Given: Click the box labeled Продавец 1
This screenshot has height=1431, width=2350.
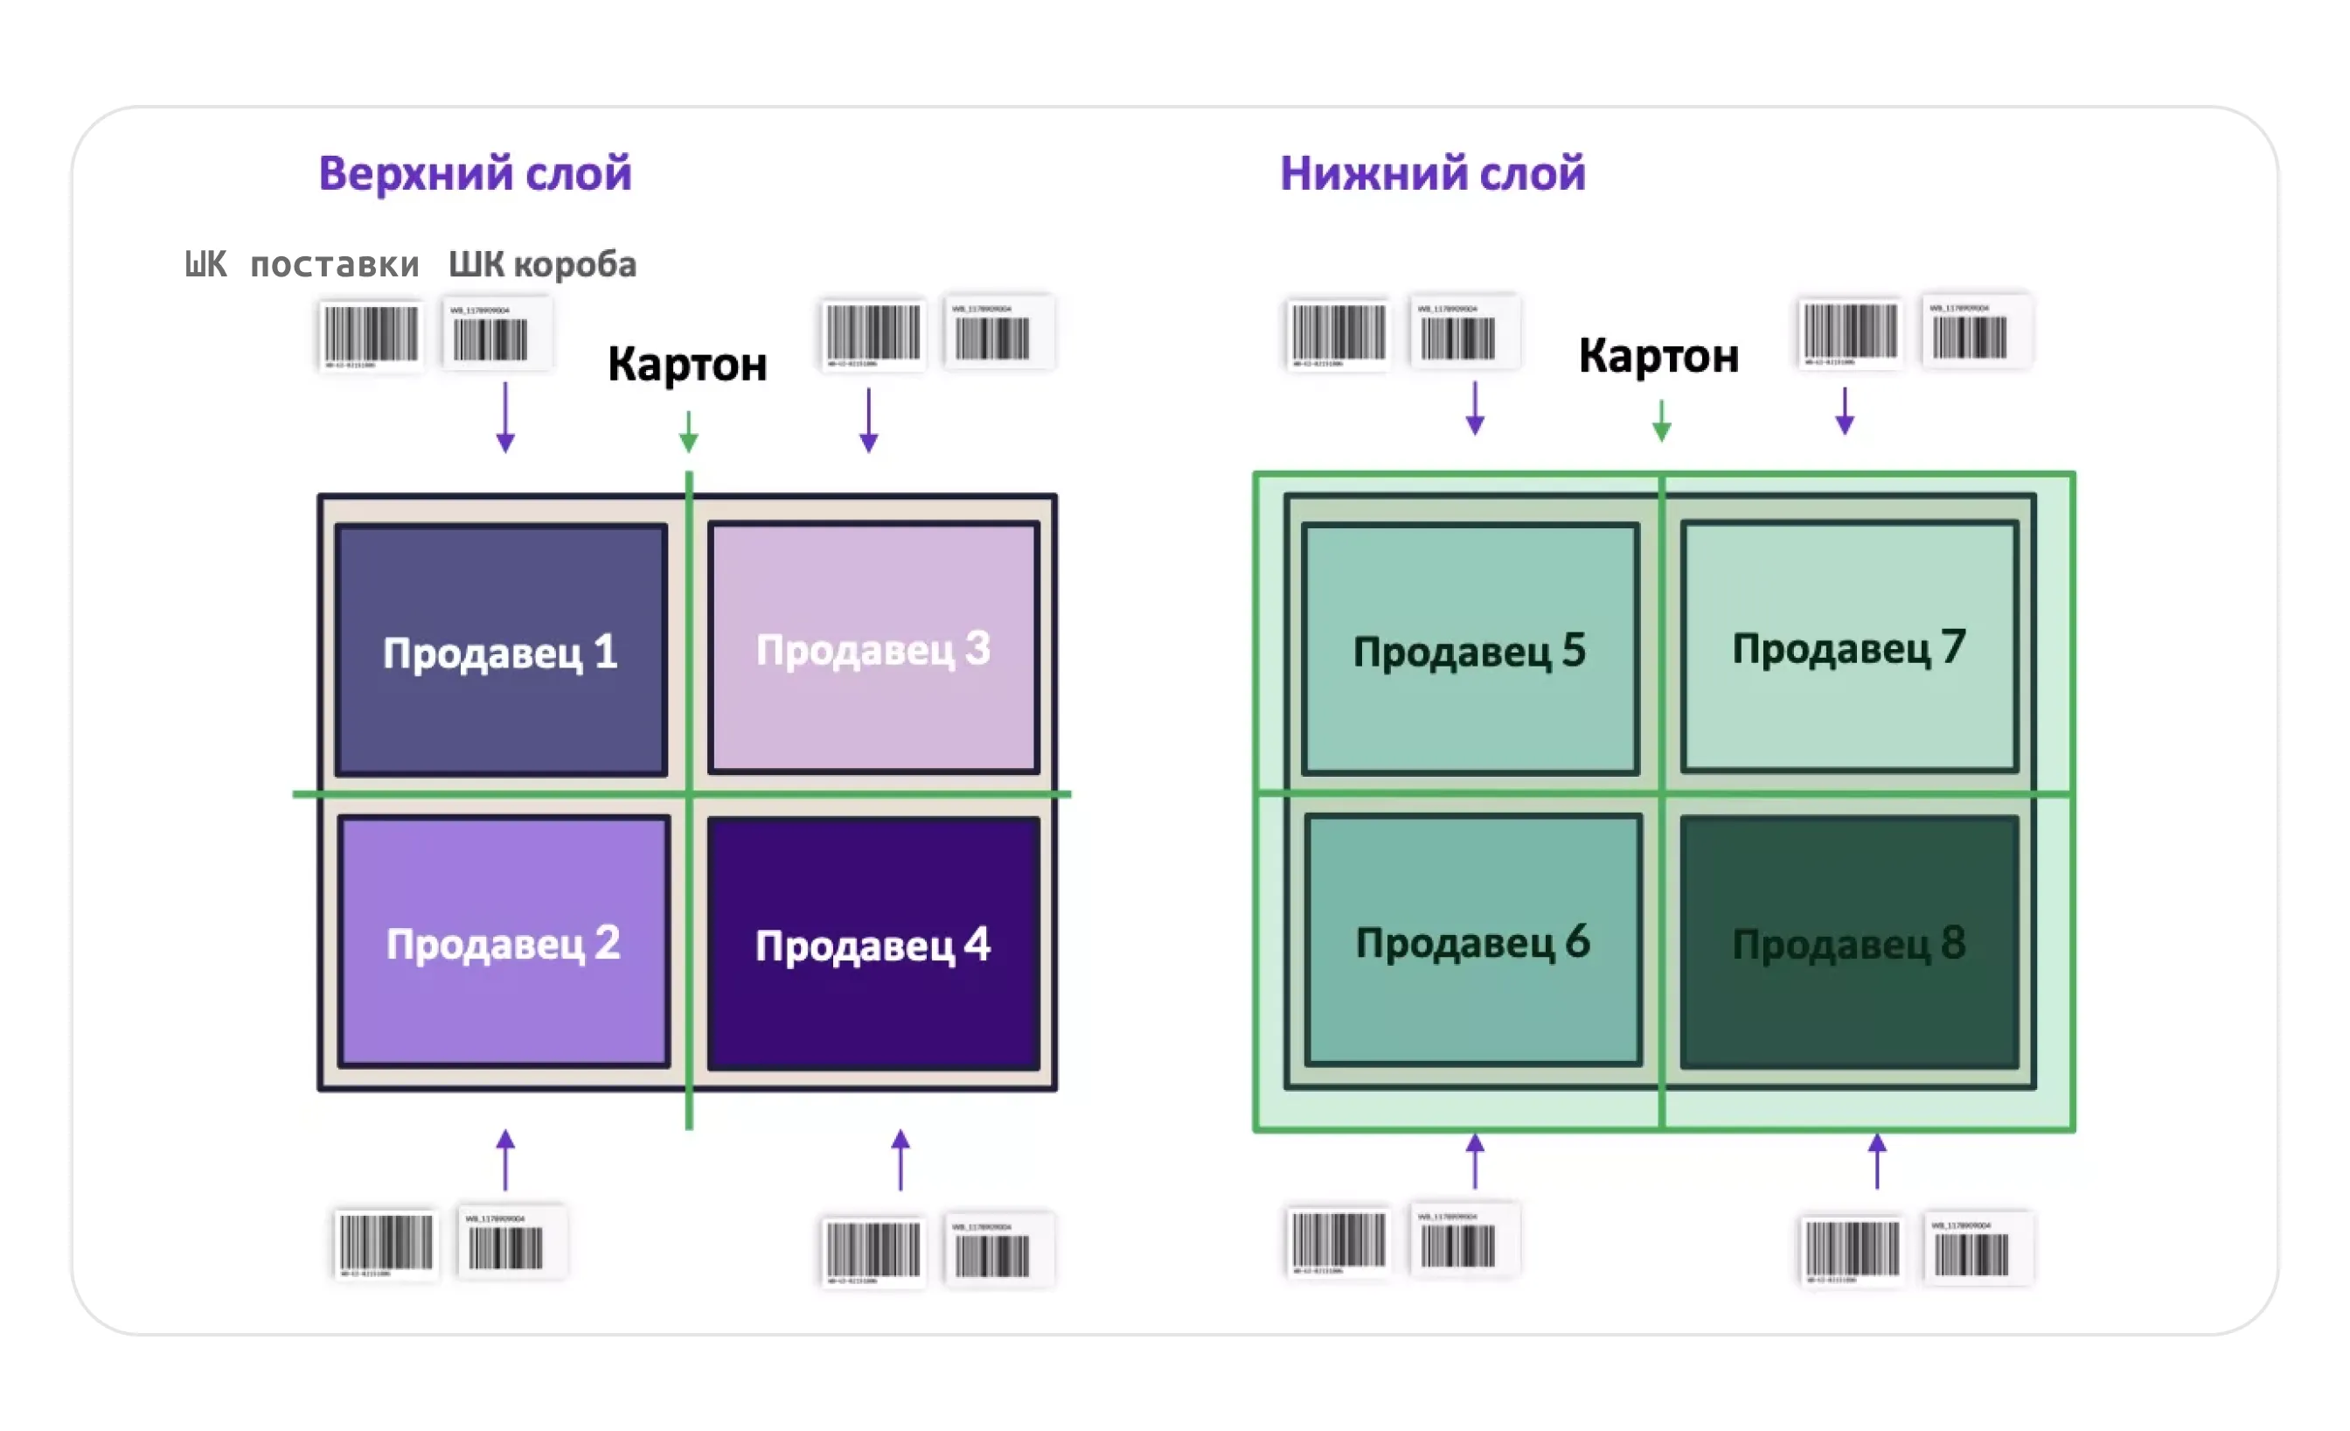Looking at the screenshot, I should pos(501,651).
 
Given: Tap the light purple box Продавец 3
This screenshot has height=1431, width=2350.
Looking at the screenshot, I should pos(873,648).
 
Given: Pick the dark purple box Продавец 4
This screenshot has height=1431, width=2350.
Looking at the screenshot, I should pos(873,944).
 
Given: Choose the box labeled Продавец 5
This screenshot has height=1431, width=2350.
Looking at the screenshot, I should pos(1470,650).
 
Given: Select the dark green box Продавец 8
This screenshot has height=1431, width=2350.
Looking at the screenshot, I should pos(1848,943).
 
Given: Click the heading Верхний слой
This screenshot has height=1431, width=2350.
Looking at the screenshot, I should pos(475,174).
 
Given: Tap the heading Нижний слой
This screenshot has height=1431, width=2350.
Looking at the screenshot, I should pos(1433,174).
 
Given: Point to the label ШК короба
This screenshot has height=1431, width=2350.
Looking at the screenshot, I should pos(542,264).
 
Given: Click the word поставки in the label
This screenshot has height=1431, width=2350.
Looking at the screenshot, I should pos(335,264).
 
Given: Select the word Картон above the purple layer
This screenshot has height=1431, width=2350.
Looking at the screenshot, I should pos(686,364).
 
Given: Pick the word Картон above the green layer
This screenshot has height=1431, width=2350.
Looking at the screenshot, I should pos(1658,356).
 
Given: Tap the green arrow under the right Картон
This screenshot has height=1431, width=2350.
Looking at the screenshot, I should pos(1661,421).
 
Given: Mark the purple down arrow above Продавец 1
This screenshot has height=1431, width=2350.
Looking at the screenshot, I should pos(505,417).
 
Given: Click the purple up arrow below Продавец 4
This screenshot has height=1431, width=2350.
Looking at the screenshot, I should pos(900,1159).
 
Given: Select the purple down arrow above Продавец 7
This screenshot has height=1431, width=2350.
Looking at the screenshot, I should pos(1845,411).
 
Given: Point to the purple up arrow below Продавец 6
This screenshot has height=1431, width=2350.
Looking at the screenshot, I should pos(1476,1160).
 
